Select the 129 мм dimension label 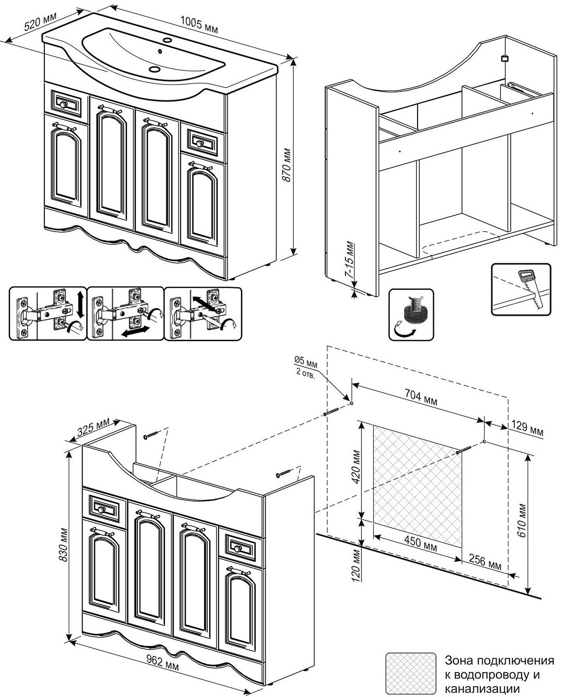(x=527, y=428)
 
